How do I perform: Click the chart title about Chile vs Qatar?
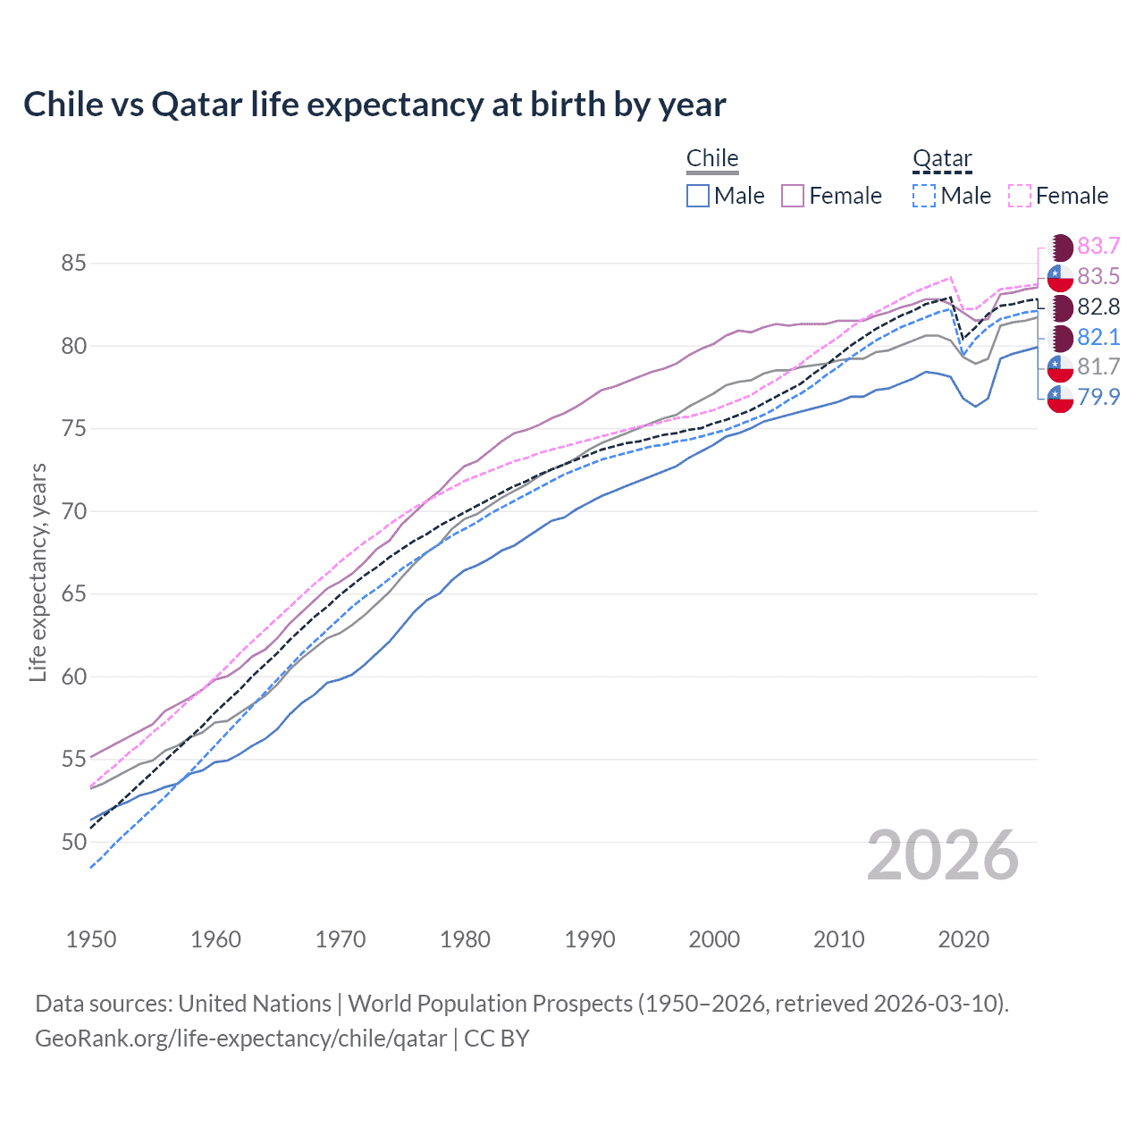(374, 105)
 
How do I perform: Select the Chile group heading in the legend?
(712, 158)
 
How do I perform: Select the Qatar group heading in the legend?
(942, 158)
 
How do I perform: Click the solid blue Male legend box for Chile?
(698, 196)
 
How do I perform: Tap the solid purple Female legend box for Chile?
(793, 196)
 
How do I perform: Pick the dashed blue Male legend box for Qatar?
(924, 196)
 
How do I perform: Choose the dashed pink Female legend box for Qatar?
(1020, 196)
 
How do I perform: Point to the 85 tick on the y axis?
(73, 264)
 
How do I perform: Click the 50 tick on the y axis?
(73, 842)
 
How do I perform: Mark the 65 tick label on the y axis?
(73, 594)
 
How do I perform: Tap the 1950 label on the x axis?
(91, 939)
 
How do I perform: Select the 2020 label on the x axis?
(963, 939)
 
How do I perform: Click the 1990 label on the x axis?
(590, 939)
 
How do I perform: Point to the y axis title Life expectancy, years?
(38, 572)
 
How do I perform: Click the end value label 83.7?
(1098, 247)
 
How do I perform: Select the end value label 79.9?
(1098, 397)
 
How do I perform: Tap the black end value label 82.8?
(1098, 307)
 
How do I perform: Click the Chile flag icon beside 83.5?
(1060, 277)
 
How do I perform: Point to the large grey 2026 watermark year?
(943, 855)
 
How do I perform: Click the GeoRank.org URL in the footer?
(240, 1039)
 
